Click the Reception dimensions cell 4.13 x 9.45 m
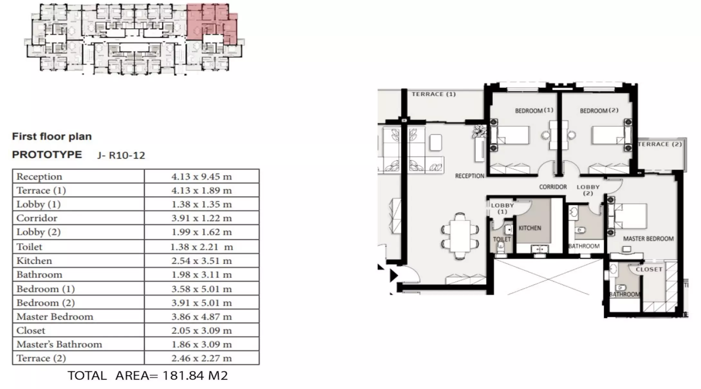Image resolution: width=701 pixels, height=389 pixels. [x=201, y=176]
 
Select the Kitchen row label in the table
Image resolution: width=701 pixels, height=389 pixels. [x=34, y=261]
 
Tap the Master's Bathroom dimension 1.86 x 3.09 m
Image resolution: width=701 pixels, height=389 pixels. [x=201, y=344]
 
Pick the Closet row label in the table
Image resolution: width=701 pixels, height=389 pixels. [x=31, y=330]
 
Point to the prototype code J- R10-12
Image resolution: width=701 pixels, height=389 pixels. [x=121, y=156]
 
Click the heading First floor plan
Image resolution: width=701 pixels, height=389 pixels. [x=52, y=137]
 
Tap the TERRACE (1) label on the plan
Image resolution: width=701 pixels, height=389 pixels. [x=434, y=94]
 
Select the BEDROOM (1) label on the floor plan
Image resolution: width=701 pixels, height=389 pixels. [x=534, y=110]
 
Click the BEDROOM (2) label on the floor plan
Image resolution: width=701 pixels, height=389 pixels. [x=599, y=110]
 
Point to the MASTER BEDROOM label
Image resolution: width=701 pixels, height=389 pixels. [x=648, y=239]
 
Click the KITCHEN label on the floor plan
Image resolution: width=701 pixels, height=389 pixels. [x=530, y=228]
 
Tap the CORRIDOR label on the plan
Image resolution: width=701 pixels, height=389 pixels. [x=553, y=187]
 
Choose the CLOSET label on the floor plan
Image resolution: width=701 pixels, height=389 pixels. [x=649, y=269]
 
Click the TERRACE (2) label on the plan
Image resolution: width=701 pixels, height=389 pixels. [x=660, y=144]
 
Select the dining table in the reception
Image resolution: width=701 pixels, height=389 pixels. [x=460, y=236]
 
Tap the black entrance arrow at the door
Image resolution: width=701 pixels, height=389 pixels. [x=393, y=275]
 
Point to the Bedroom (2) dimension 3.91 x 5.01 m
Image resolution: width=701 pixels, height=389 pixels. [x=201, y=303]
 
